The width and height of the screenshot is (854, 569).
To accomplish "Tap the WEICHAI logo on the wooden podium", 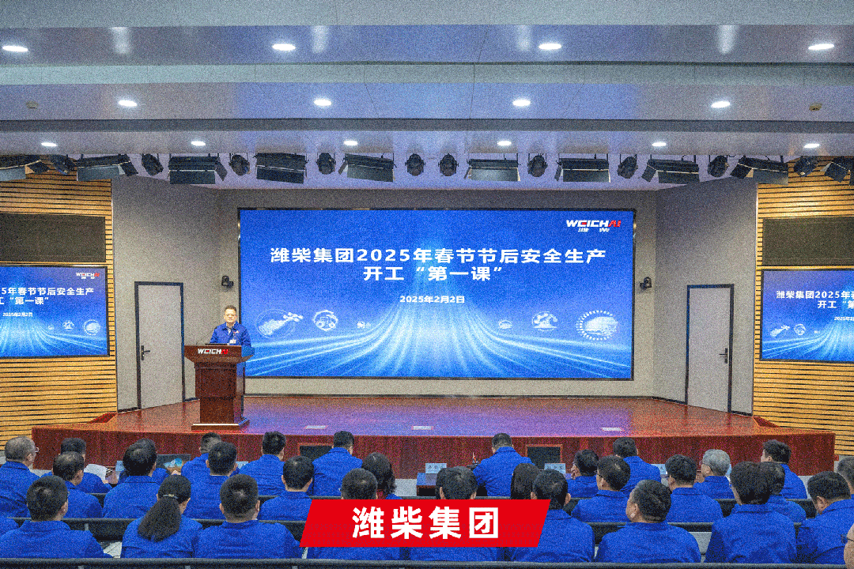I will click(x=212, y=351).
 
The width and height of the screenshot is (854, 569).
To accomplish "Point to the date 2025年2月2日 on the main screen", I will click(x=432, y=300).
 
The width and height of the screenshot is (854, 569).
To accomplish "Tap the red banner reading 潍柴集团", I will click(x=425, y=522).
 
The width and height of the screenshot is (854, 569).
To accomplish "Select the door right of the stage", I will click(x=709, y=348).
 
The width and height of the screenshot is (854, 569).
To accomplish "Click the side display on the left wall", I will click(x=53, y=311).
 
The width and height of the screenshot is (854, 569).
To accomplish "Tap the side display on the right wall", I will click(x=807, y=314).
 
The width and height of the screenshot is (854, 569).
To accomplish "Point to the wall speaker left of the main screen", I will click(x=227, y=281).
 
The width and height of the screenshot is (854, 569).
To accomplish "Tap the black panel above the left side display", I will click(x=52, y=238).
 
